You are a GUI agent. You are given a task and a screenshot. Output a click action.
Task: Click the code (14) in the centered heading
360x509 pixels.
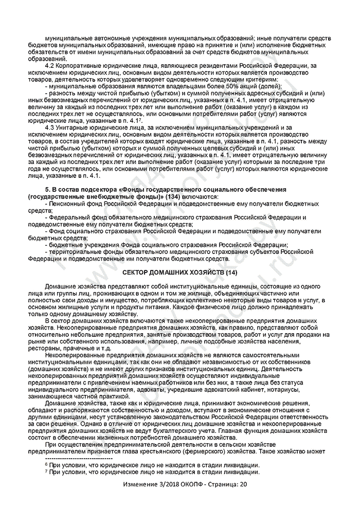click(x=228, y=271)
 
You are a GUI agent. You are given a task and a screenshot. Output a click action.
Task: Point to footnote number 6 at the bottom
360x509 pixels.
click(x=46, y=464)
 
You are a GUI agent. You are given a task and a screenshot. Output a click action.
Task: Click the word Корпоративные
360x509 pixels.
click(x=83, y=66)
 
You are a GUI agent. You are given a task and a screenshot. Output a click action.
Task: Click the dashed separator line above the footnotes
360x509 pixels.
click(x=79, y=458)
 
